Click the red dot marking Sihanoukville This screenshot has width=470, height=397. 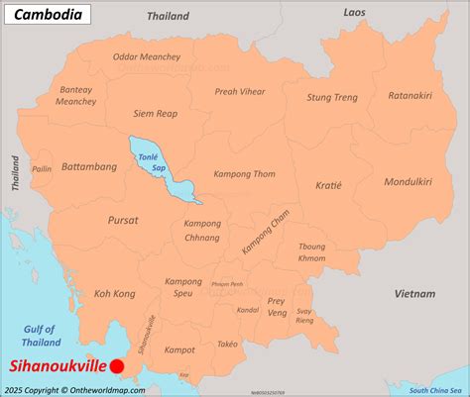coord(117,366)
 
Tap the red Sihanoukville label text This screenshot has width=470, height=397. coord(57,366)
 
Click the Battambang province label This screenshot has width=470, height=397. coord(88,167)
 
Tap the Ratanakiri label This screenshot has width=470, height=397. coord(410,96)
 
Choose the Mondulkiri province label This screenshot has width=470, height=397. coord(408,181)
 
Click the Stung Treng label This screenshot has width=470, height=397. coord(331,97)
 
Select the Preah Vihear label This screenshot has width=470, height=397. coord(240,91)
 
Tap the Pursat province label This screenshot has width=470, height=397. coord(123,220)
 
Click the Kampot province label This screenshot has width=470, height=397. coord(179,349)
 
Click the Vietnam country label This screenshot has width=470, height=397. coord(414,294)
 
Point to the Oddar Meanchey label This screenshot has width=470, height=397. coord(147,58)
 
